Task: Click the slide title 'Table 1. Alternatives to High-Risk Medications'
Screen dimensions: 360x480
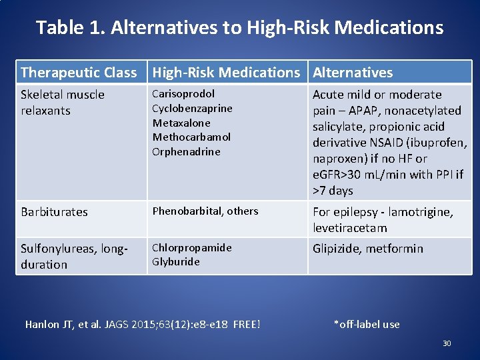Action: pos(239,27)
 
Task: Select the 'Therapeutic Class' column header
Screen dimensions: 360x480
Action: pos(79,72)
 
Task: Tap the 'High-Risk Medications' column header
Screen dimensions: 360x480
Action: pos(226,72)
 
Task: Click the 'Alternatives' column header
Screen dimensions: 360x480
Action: pos(353,72)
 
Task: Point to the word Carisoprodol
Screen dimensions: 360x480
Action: pos(183,94)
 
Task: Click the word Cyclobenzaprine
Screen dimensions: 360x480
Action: pos(192,108)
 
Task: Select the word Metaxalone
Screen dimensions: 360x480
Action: pos(181,123)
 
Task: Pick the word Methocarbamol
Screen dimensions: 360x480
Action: pos(191,137)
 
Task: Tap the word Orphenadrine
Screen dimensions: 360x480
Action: pos(186,151)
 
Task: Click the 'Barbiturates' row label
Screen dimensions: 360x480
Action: pos(54,212)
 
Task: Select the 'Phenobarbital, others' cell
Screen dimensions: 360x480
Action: pos(205,211)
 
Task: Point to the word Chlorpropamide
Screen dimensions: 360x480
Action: pos(192,247)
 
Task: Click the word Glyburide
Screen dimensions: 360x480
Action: pos(175,261)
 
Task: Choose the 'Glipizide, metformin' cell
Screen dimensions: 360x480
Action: pos(367,249)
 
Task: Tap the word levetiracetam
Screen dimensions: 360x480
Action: pos(349,228)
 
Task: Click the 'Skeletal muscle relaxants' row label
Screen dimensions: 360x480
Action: pos(63,102)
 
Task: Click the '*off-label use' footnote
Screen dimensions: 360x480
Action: pos(367,325)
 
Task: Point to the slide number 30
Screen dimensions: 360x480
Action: pos(447,343)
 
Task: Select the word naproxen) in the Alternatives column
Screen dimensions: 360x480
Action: pos(337,159)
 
